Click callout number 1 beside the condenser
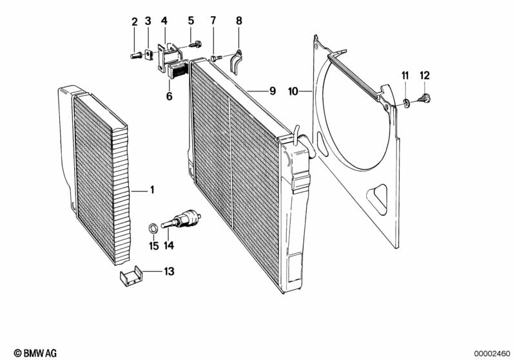point(152,190)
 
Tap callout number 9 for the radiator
point(273,91)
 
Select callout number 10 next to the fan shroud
point(293,91)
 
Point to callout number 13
point(169,272)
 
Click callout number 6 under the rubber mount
point(169,97)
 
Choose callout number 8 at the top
point(238,21)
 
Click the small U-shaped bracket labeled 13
point(130,276)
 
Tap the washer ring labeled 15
point(153,228)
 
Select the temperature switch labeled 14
point(181,218)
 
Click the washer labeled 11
point(406,104)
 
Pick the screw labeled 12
point(424,98)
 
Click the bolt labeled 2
point(136,55)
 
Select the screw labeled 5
point(195,44)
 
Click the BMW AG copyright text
point(35,353)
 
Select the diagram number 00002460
point(492,354)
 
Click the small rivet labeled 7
point(216,58)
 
